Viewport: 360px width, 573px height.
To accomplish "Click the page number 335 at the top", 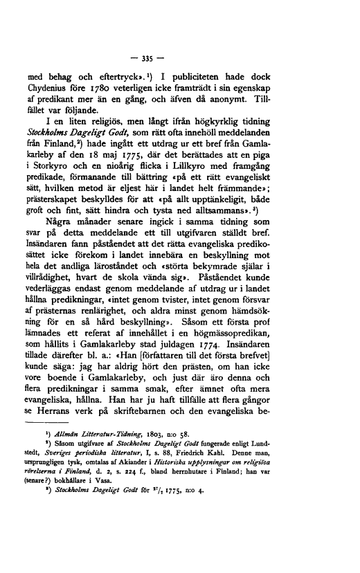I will coord(179,53).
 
